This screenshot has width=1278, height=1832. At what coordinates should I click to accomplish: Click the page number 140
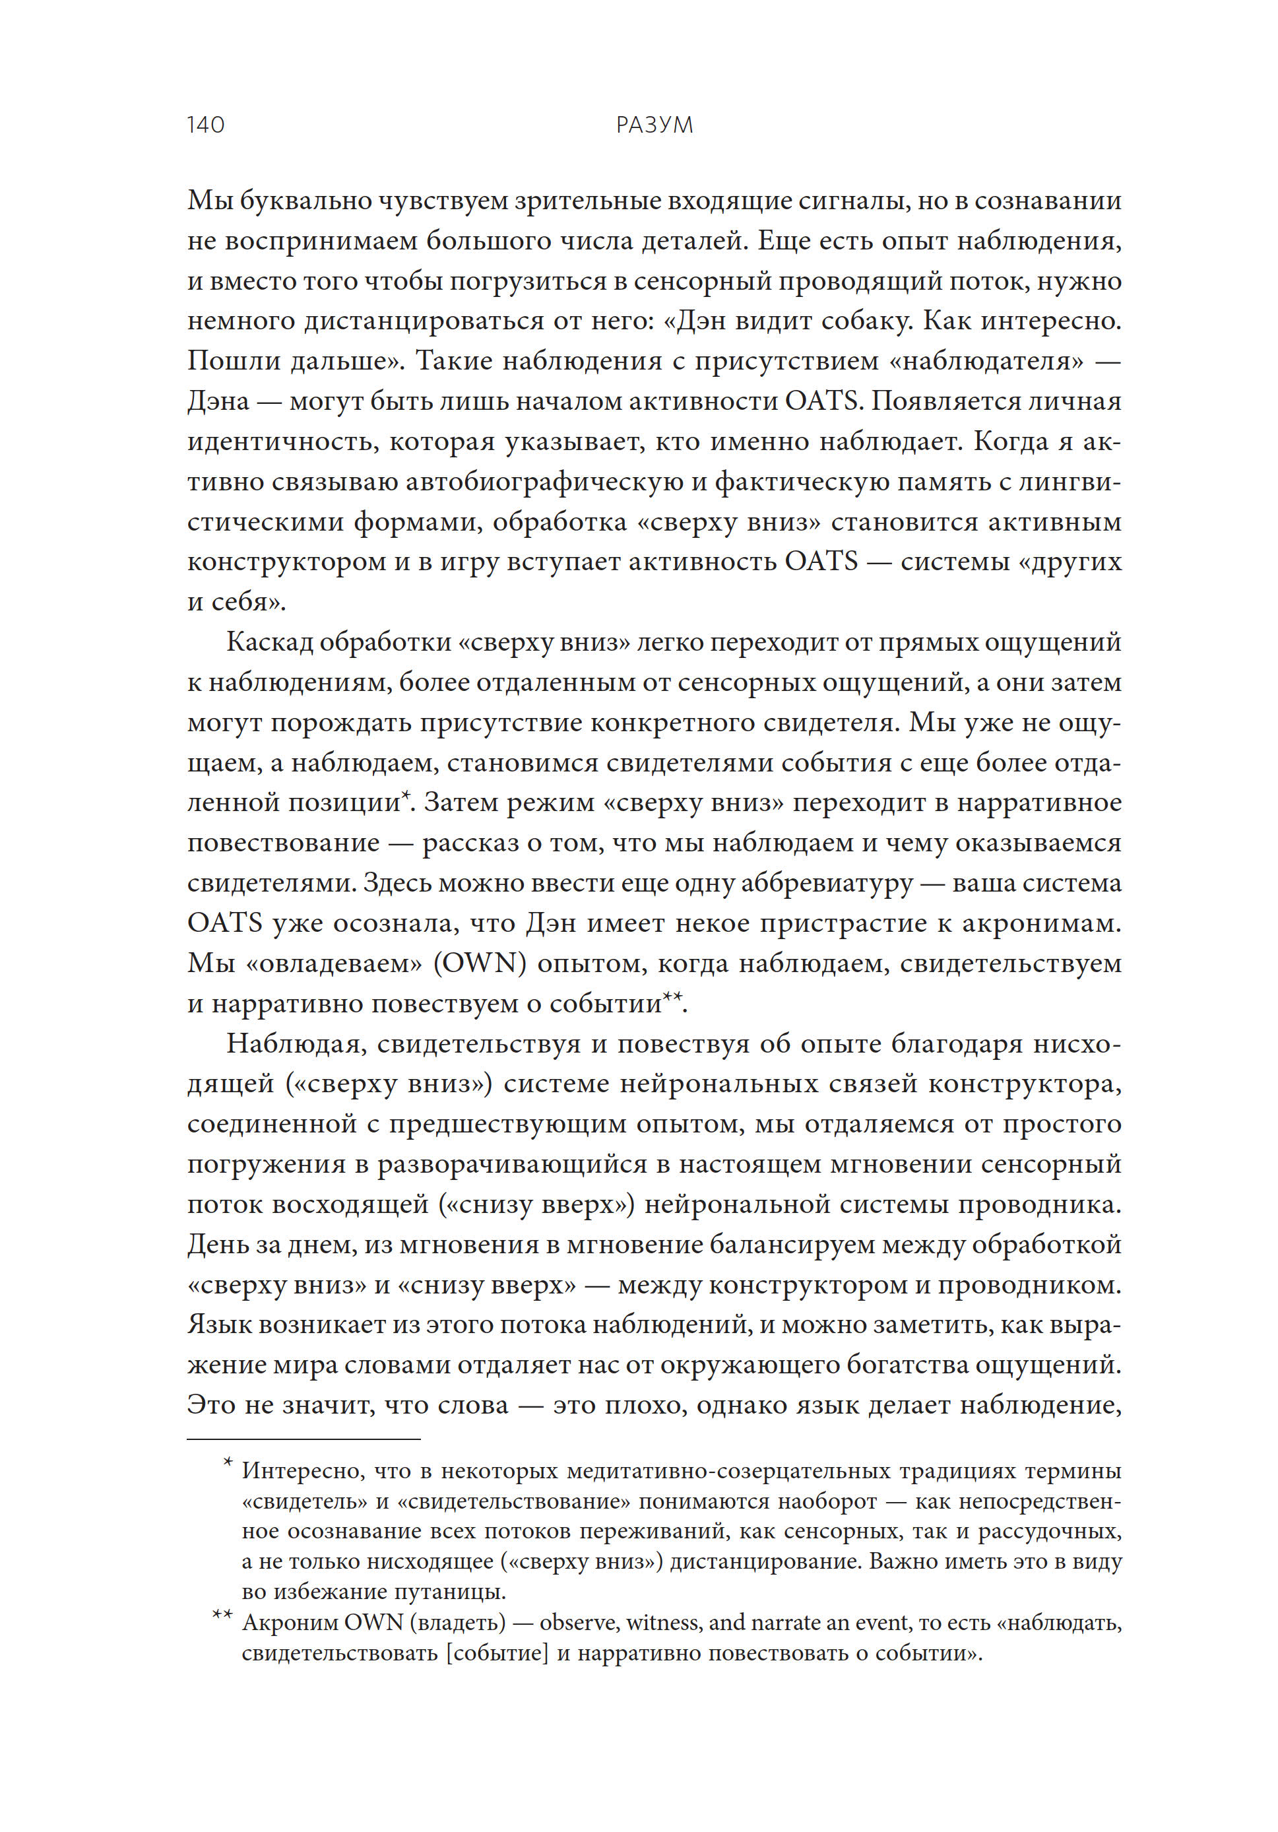205,125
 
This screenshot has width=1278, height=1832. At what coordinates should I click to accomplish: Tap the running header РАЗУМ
654,125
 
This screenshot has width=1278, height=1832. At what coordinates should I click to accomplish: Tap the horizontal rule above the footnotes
303,1439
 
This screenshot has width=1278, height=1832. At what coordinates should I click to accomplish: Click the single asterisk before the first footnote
228,1462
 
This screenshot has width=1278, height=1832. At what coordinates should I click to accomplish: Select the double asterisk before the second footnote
222,1615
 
